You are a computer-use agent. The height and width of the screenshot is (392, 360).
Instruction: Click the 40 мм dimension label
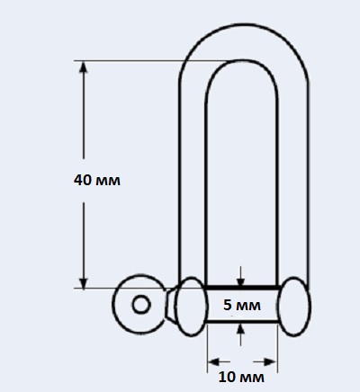click(x=97, y=180)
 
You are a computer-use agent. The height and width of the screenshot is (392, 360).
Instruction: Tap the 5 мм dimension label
click(x=242, y=305)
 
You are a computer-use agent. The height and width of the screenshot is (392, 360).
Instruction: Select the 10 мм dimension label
click(x=241, y=377)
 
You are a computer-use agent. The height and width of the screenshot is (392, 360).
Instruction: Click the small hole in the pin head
click(x=141, y=305)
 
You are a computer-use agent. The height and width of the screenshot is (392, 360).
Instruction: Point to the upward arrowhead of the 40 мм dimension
click(x=84, y=68)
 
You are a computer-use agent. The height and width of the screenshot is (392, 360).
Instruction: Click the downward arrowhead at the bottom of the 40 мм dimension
click(x=84, y=282)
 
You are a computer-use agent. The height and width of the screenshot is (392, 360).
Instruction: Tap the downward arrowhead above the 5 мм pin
click(x=240, y=281)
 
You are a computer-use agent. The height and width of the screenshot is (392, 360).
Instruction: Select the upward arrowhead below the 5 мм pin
click(x=240, y=328)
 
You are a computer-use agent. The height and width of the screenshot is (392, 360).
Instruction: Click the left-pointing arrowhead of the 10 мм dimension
click(x=214, y=361)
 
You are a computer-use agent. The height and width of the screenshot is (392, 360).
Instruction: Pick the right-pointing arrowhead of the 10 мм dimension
click(x=269, y=361)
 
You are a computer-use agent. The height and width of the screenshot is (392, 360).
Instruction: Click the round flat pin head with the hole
click(x=139, y=304)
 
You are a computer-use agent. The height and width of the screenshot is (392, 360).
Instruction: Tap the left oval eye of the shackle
click(x=191, y=307)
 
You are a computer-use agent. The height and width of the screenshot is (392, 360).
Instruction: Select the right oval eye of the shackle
click(x=293, y=307)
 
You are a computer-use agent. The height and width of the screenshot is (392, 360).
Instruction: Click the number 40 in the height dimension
click(x=82, y=180)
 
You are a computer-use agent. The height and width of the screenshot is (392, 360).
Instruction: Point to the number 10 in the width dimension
click(x=227, y=377)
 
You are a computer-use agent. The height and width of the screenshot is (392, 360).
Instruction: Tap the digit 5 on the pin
click(x=228, y=305)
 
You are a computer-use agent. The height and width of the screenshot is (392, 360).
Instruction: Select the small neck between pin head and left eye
click(x=171, y=306)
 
